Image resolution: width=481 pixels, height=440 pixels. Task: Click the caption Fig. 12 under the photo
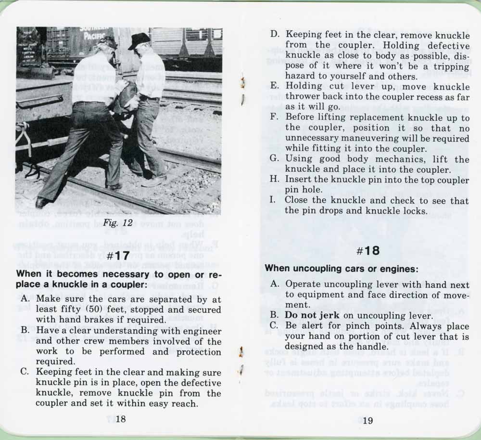pos(118,223)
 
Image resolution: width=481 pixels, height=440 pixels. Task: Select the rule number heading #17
pos(118,256)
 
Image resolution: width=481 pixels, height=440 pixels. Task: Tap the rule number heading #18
pos(369,251)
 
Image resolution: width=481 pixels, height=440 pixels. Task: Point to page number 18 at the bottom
pos(121,419)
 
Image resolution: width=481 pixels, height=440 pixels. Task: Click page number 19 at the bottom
pos(367,420)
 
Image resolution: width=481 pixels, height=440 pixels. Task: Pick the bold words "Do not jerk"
pos(312,316)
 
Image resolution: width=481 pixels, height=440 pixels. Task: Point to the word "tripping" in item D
pos(449,66)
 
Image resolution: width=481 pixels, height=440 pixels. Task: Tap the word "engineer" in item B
pos(201,331)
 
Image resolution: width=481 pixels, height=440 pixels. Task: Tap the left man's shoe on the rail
pos(43,203)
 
